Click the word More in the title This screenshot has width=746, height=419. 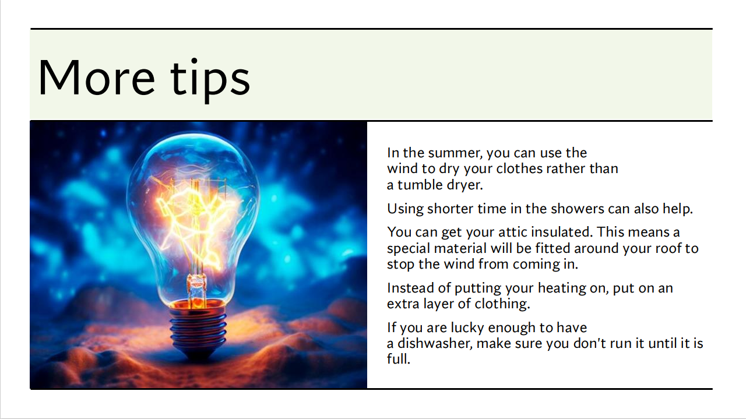tap(97, 78)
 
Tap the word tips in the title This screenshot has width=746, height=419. tap(210, 80)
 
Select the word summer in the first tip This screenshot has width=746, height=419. tap(455, 153)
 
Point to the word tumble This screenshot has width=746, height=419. tap(420, 185)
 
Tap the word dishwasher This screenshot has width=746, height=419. tap(435, 344)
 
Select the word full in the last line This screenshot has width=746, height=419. tap(398, 360)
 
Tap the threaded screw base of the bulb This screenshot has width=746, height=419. tap(198, 328)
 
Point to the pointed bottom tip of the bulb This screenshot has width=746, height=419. tap(199, 358)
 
